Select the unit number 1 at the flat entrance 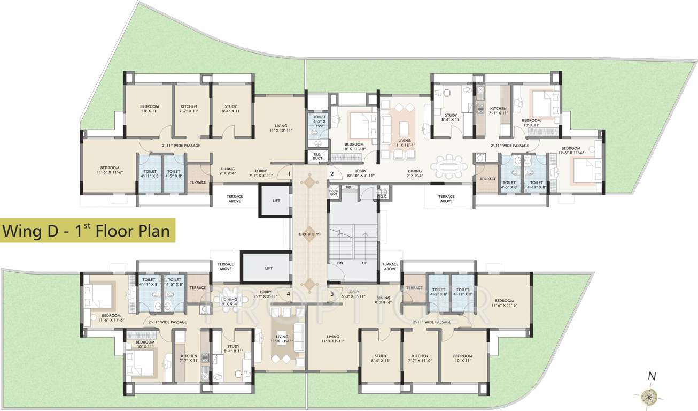coord(289,173)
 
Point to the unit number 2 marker coord(331,173)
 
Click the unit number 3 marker coord(331,294)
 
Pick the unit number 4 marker coord(289,294)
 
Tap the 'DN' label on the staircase coord(339,263)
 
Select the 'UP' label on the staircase coord(365,263)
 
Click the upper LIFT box coord(276,200)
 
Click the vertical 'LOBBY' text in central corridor coord(309,234)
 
